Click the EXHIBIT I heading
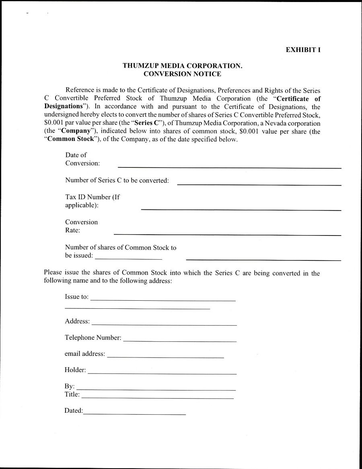click(x=303, y=50)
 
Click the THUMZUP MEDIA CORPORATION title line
click(x=183, y=66)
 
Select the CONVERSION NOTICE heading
click(x=182, y=74)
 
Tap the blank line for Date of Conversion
click(x=229, y=167)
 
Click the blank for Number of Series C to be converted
click(x=259, y=184)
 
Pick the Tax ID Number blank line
click(x=241, y=209)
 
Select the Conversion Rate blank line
click(x=227, y=234)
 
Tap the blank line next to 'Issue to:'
click(x=163, y=300)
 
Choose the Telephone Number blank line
click(x=180, y=341)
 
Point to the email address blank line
click(x=165, y=357)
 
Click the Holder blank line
click(x=162, y=373)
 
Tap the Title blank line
click(x=157, y=398)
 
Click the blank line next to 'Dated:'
click(x=135, y=413)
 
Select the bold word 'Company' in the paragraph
click(x=76, y=131)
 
